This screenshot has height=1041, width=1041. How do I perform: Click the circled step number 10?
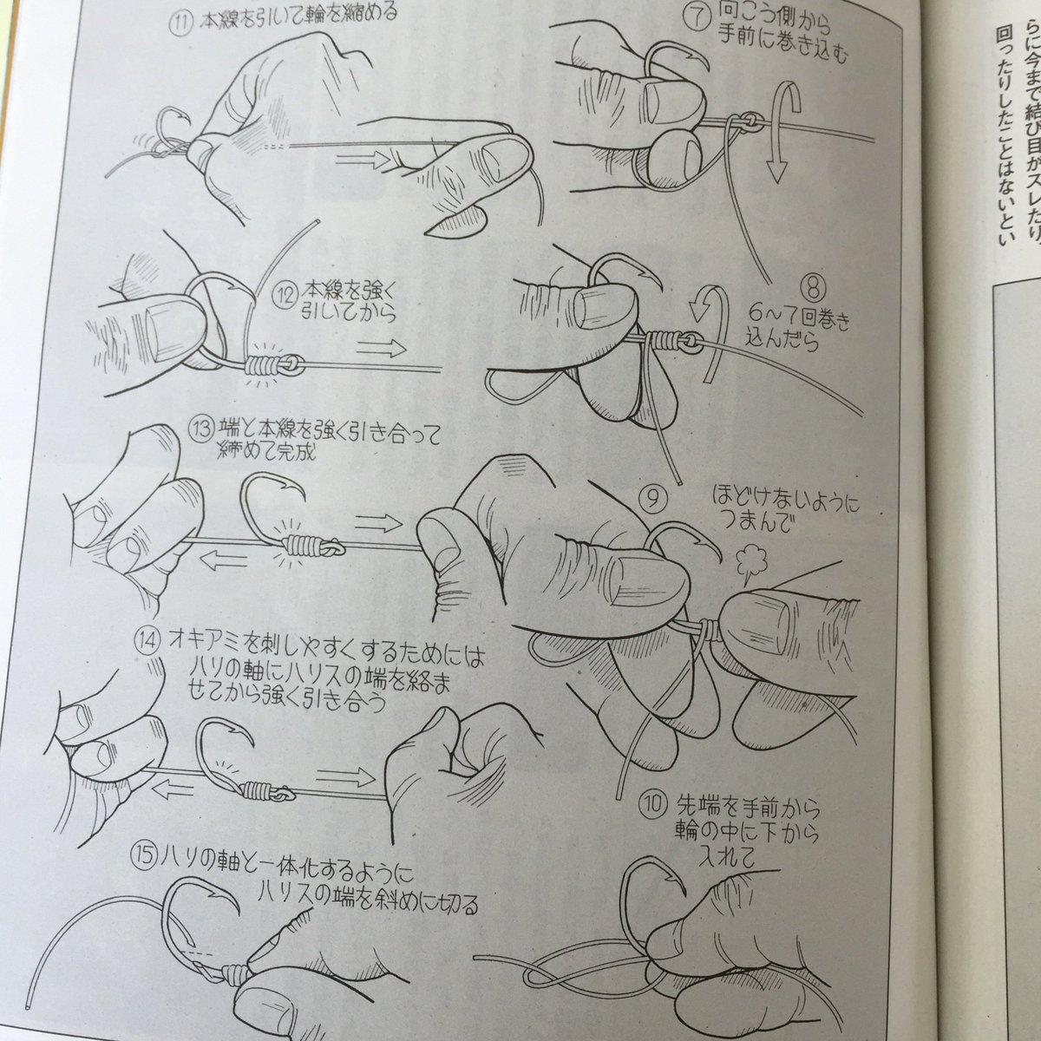pyautogui.click(x=654, y=801)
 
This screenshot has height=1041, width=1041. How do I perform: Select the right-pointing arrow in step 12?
pyautogui.click(x=381, y=349)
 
